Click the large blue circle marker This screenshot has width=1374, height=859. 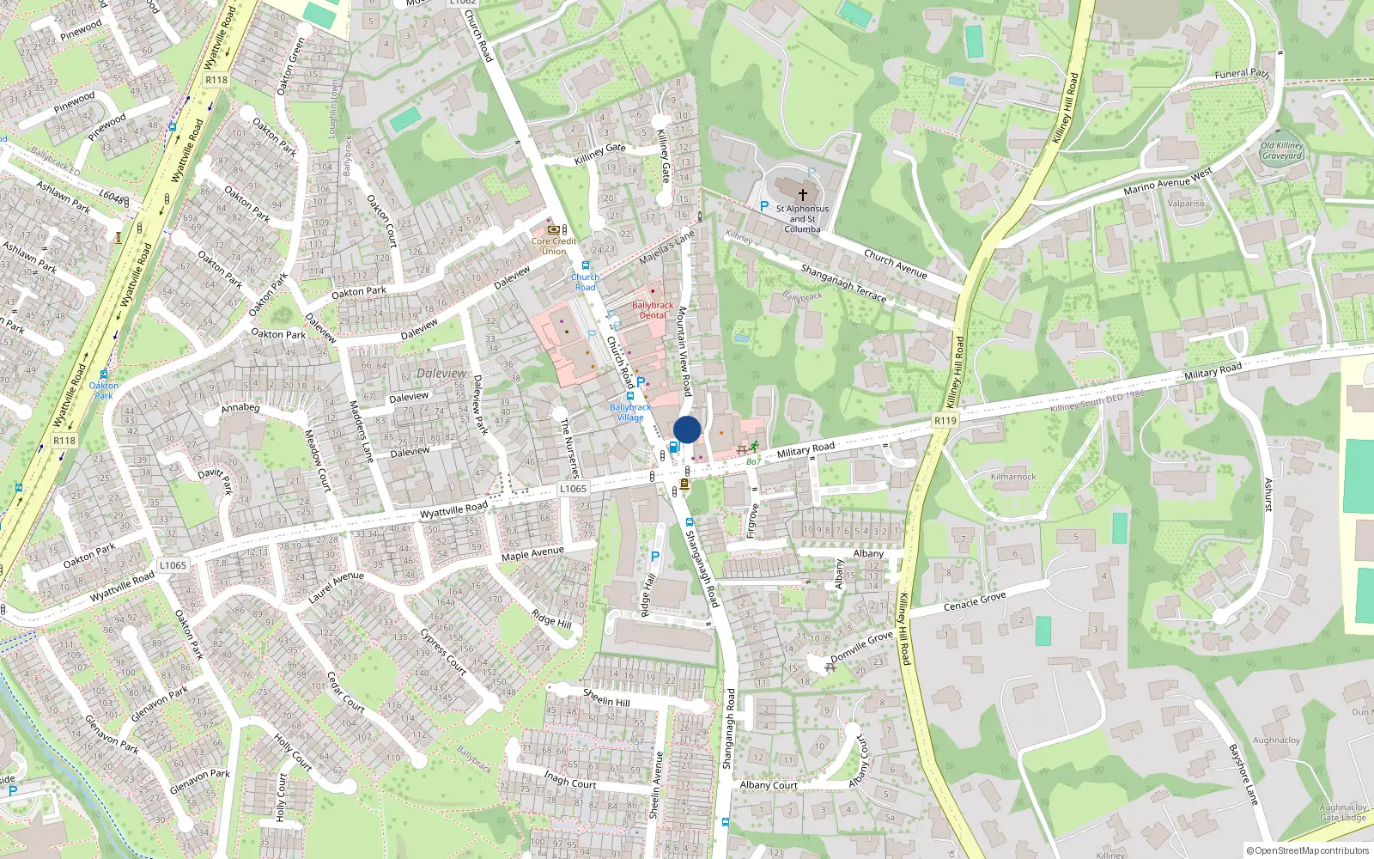(687, 429)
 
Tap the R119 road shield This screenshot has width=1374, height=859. (945, 420)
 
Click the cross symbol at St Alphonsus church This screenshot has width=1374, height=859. (803, 195)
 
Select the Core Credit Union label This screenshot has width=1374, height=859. (554, 246)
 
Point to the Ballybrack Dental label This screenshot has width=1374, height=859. (653, 310)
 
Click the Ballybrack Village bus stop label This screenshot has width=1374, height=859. (630, 412)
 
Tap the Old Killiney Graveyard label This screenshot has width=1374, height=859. (1281, 150)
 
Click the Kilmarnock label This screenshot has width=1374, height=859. (1013, 477)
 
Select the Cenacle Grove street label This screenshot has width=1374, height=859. (975, 600)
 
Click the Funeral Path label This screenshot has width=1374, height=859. (1242, 74)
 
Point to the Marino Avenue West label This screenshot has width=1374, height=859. (1168, 180)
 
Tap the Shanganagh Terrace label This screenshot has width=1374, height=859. (843, 283)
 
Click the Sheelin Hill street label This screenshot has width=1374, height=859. (606, 698)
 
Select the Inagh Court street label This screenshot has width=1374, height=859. (570, 779)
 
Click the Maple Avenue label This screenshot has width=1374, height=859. (532, 554)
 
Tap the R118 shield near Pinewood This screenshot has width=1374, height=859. (216, 80)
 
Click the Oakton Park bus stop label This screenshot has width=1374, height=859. (104, 390)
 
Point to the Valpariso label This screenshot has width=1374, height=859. (1186, 204)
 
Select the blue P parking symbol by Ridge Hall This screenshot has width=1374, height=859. (655, 557)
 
